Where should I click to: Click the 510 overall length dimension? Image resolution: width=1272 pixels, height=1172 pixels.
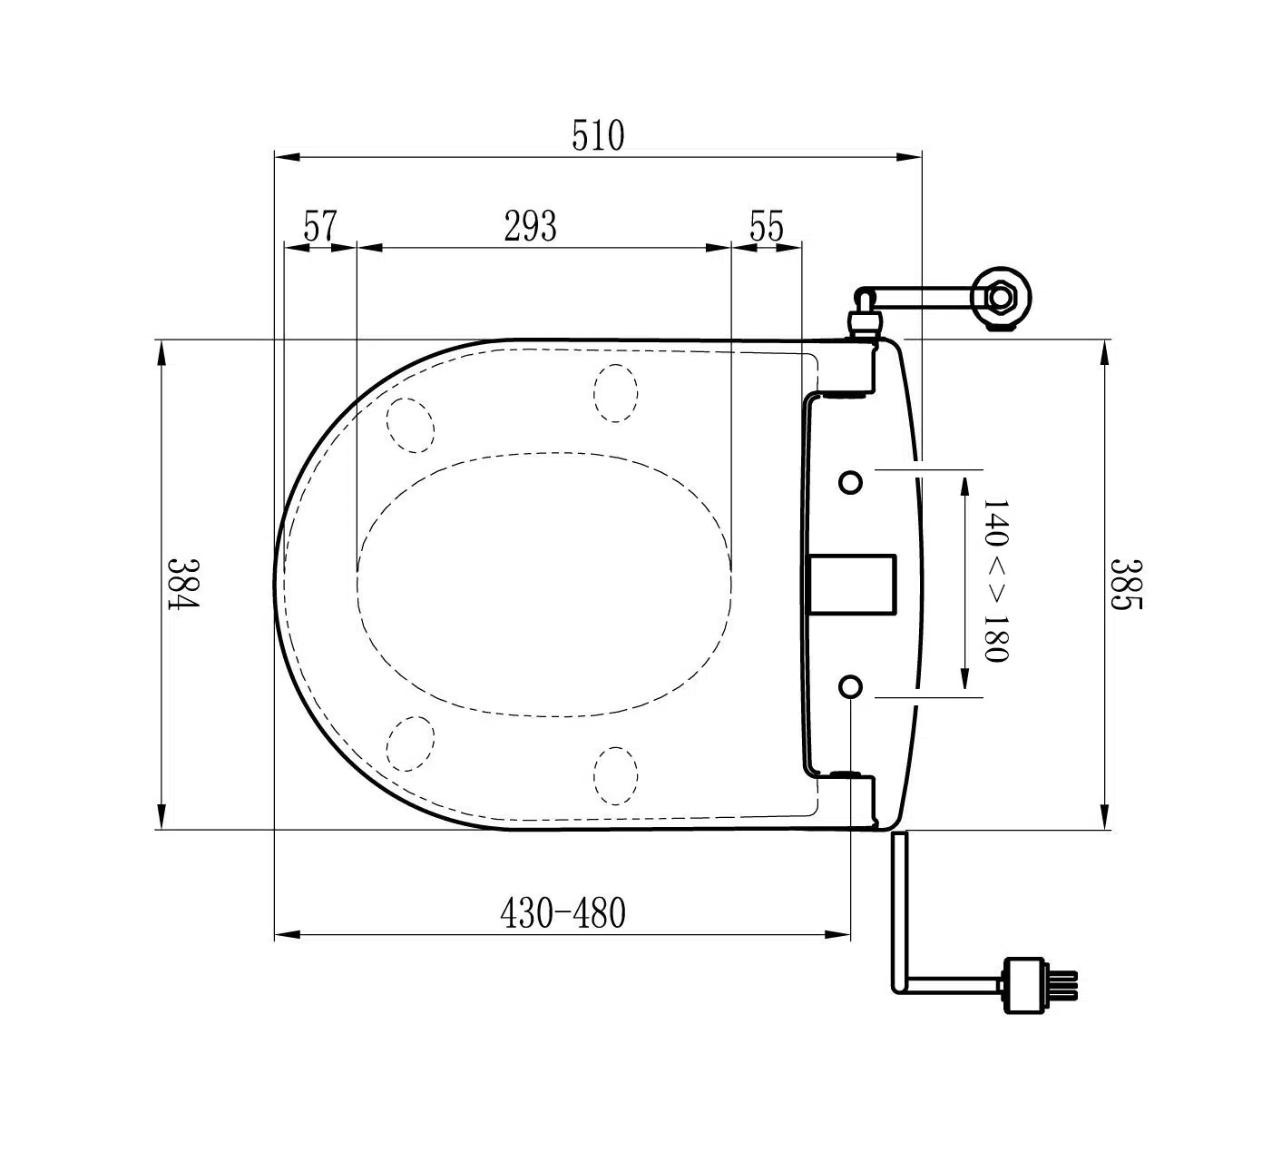[598, 136]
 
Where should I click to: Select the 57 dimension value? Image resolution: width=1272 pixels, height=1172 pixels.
[319, 226]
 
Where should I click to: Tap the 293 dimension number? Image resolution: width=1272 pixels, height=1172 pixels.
[531, 226]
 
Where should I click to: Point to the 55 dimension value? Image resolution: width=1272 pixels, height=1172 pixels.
[766, 226]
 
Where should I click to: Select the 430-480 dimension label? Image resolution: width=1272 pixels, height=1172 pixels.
[563, 913]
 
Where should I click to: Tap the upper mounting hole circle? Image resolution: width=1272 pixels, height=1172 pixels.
[850, 482]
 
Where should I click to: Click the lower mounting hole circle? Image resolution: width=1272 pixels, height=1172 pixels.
[850, 686]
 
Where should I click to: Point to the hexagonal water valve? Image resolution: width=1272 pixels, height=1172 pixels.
[1002, 295]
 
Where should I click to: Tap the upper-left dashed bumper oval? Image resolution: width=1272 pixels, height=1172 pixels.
[409, 426]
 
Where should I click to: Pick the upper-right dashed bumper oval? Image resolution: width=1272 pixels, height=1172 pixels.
[615, 393]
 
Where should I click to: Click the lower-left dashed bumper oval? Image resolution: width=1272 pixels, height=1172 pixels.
[410, 744]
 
